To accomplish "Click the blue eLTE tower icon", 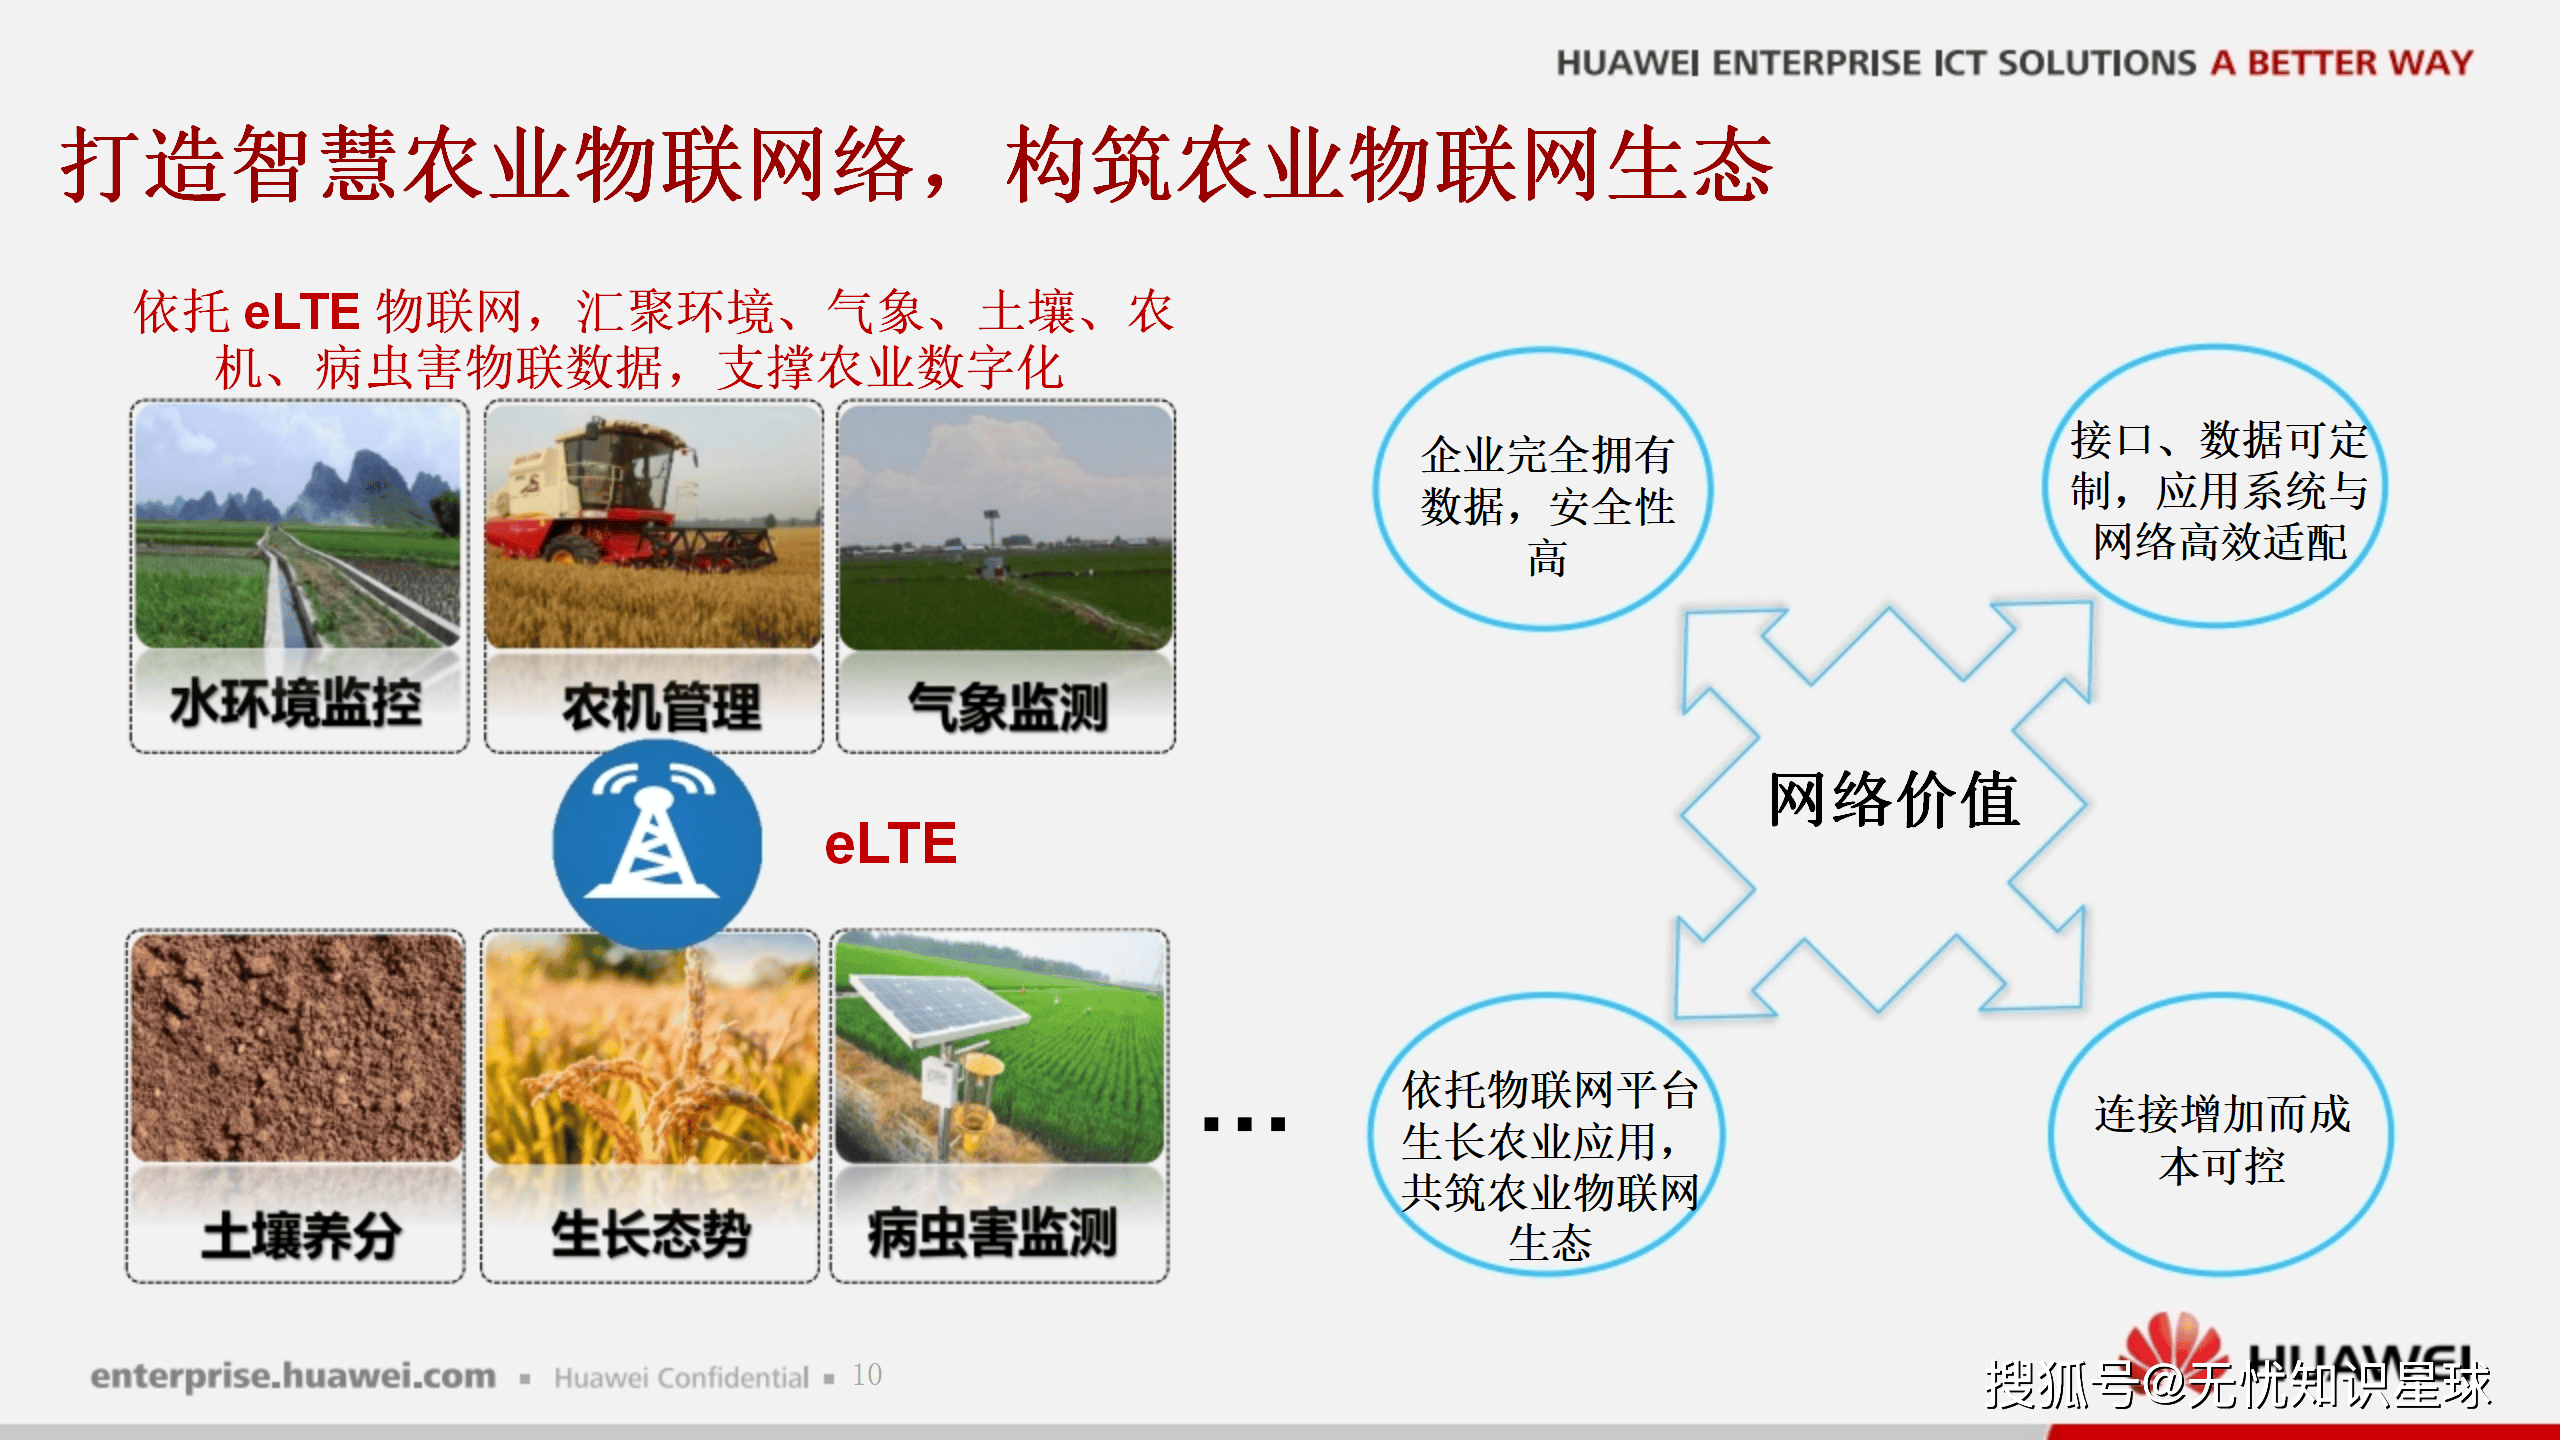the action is (x=657, y=845).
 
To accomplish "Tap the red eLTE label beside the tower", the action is (x=890, y=843).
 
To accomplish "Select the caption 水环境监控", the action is (x=296, y=703).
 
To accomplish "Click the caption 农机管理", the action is (x=661, y=707).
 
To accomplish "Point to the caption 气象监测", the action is (x=1008, y=707).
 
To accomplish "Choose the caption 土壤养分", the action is (x=301, y=1235).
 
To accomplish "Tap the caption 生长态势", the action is (x=650, y=1233).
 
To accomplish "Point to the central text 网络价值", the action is (x=1893, y=799).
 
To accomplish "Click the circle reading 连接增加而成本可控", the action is (x=2221, y=1135).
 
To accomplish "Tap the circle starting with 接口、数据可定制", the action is (x=2215, y=487).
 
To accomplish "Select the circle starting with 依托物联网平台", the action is (x=1547, y=1135).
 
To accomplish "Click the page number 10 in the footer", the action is (x=867, y=1375).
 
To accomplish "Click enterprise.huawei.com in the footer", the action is (x=293, y=1377).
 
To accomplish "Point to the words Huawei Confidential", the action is (x=681, y=1378).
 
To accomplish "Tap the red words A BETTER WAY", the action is (x=2341, y=63).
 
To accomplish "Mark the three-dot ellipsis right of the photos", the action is (x=1245, y=1124).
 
